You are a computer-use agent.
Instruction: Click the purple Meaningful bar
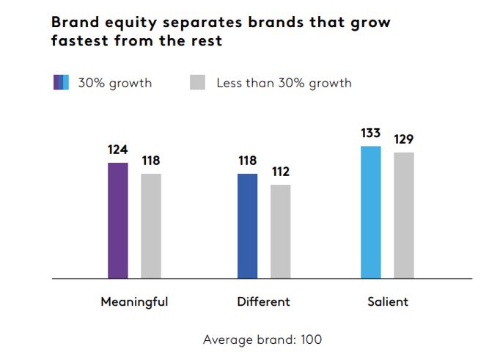point(118,220)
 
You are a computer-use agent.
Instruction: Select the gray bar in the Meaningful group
point(151,226)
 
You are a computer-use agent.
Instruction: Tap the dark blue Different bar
point(248,226)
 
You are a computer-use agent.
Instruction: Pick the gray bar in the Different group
point(280,231)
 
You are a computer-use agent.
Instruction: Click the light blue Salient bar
point(371,212)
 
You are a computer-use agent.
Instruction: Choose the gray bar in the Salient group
point(404,215)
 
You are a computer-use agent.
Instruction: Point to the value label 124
point(117,150)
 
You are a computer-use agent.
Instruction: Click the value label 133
point(371,133)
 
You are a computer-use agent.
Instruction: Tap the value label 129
point(404,139)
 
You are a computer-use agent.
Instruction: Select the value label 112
point(280,172)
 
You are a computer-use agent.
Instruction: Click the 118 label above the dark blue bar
point(248,161)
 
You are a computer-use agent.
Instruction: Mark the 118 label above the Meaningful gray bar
point(151,161)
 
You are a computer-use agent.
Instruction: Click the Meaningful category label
point(134,301)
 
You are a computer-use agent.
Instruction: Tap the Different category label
point(263,301)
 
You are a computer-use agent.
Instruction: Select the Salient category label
point(388,301)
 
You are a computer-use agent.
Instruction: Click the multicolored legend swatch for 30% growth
point(61,82)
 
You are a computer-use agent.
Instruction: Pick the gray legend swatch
point(197,82)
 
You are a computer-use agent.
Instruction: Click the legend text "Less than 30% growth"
point(284,83)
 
